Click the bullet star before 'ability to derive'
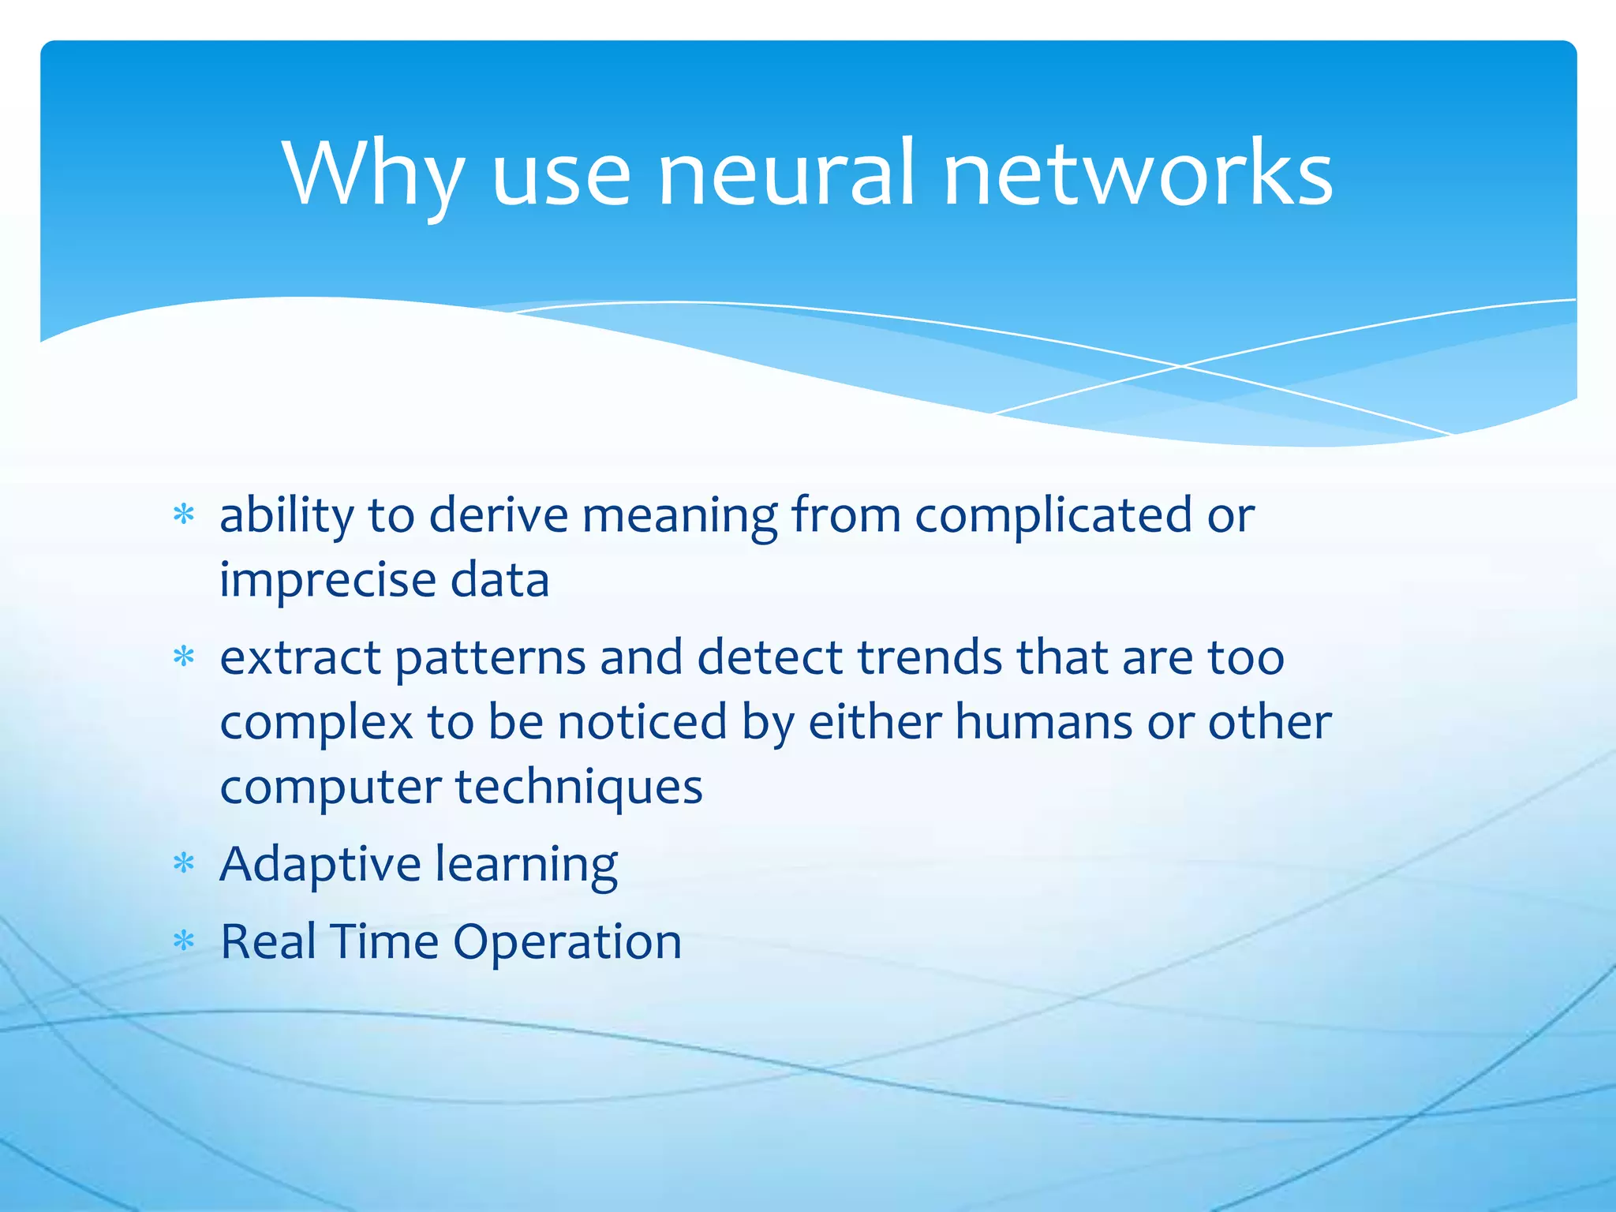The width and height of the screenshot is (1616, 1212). point(184,515)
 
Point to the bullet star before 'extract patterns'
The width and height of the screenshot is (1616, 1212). point(184,656)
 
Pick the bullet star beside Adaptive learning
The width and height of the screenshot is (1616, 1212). point(184,864)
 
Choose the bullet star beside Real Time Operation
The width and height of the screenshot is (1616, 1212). point(184,941)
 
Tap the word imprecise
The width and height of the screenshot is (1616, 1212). point(327,581)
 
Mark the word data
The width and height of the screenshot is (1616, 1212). point(499,581)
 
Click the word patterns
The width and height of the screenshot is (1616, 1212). point(490,658)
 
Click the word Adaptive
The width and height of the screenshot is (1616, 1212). point(320,865)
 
